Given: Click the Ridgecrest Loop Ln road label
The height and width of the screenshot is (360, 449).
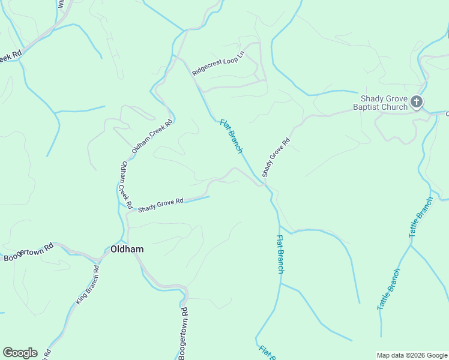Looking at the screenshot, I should (218, 62).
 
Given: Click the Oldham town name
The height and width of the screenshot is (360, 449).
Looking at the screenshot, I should (127, 249).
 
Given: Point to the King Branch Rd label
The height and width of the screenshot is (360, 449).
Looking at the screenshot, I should (86, 285).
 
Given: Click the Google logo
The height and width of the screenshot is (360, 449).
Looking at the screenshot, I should (20, 353).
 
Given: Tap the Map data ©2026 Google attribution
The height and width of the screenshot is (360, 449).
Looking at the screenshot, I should (412, 355).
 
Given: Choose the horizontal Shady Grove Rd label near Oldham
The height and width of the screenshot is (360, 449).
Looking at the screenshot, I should (160, 206).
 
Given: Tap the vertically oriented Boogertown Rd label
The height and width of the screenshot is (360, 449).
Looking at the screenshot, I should (184, 333).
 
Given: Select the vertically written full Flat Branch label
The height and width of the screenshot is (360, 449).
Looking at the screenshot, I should (280, 254).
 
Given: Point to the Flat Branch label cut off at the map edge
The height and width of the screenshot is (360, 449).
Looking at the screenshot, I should (266, 352).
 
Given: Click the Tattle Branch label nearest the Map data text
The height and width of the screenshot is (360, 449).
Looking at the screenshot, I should (388, 289).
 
